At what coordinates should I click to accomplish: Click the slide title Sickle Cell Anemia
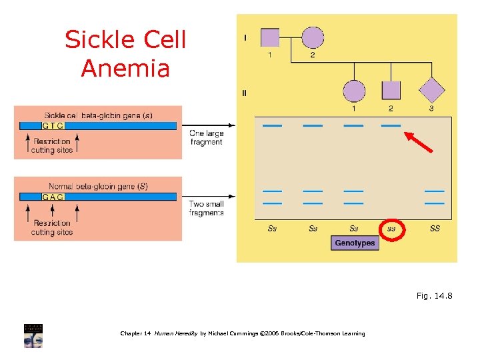[x=125, y=54]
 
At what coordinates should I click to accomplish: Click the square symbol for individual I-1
[x=269, y=37]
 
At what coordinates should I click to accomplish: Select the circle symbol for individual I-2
[x=313, y=37]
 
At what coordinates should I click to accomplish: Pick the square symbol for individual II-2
[x=391, y=91]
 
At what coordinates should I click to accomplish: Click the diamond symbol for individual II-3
[x=431, y=91]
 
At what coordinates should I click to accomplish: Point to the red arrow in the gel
[x=419, y=141]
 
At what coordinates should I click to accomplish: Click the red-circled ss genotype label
[x=391, y=229]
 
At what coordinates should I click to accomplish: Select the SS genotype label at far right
[x=434, y=229]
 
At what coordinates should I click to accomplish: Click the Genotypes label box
[x=354, y=243]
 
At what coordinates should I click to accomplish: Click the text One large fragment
[x=206, y=137]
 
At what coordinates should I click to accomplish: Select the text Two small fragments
[x=206, y=208]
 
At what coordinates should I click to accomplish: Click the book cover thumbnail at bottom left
[x=33, y=336]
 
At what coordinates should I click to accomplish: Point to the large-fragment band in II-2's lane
[x=391, y=125]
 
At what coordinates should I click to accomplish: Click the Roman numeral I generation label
[x=245, y=38]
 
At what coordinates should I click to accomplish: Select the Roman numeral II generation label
[x=245, y=93]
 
